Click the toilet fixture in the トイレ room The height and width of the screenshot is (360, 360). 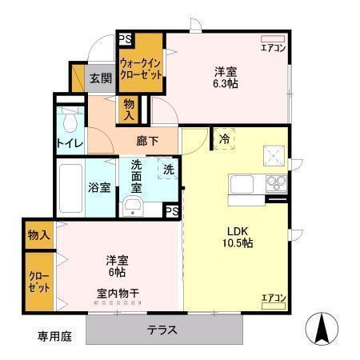tap(70, 121)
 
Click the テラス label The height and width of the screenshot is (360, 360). tap(162, 330)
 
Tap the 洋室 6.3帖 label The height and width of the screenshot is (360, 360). tap(225, 76)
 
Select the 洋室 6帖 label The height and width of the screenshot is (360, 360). tap(118, 266)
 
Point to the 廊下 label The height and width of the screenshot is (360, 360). tap(147, 141)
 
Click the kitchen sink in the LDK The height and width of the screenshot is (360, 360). tap(242, 186)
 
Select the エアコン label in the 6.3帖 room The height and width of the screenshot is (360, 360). tap(273, 47)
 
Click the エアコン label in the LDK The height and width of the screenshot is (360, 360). tap(273, 298)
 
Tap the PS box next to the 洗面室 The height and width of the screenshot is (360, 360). tap(171, 210)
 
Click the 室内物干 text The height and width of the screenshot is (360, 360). tap(118, 293)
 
